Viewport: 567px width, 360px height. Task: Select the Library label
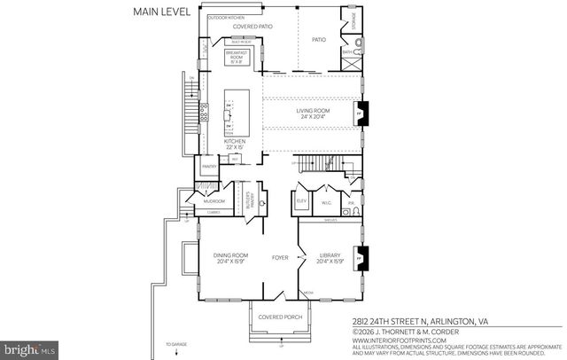click(x=329, y=259)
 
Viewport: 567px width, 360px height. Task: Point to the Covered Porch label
click(x=277, y=317)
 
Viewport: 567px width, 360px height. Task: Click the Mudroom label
click(x=214, y=201)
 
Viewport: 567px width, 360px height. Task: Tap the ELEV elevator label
click(x=302, y=201)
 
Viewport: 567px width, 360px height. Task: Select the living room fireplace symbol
click(x=359, y=113)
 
